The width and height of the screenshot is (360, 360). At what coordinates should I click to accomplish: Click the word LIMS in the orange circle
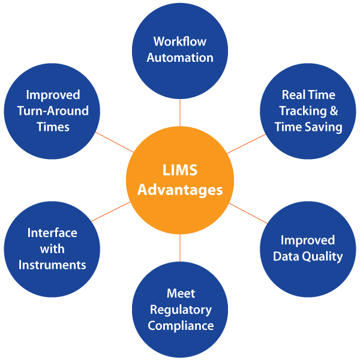click(180, 170)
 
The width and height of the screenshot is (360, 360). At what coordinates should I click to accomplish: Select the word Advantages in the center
click(180, 191)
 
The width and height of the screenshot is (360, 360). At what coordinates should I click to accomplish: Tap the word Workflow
click(180, 41)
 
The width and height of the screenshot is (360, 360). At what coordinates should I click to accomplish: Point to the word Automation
click(180, 58)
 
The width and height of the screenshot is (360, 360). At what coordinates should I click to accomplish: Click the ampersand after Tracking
click(334, 110)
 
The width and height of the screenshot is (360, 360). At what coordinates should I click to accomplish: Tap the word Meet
click(181, 293)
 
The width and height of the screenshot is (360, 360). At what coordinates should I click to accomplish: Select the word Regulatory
click(181, 310)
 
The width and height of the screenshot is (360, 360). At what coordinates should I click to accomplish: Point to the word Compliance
click(181, 326)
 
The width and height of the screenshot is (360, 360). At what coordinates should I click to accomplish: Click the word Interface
click(52, 233)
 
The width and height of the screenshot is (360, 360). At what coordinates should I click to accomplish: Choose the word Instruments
click(52, 265)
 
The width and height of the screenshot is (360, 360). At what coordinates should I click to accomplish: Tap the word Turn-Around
click(53, 111)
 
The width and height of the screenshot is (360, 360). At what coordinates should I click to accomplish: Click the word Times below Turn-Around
click(53, 127)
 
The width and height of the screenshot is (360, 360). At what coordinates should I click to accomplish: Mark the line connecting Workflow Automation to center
click(180, 113)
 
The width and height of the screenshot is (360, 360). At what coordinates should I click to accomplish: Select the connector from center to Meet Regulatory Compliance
click(180, 248)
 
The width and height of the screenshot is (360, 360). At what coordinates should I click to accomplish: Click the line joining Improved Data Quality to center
click(248, 213)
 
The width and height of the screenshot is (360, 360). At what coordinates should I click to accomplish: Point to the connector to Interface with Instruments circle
click(111, 211)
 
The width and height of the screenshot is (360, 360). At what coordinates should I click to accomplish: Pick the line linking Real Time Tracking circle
click(246, 144)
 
